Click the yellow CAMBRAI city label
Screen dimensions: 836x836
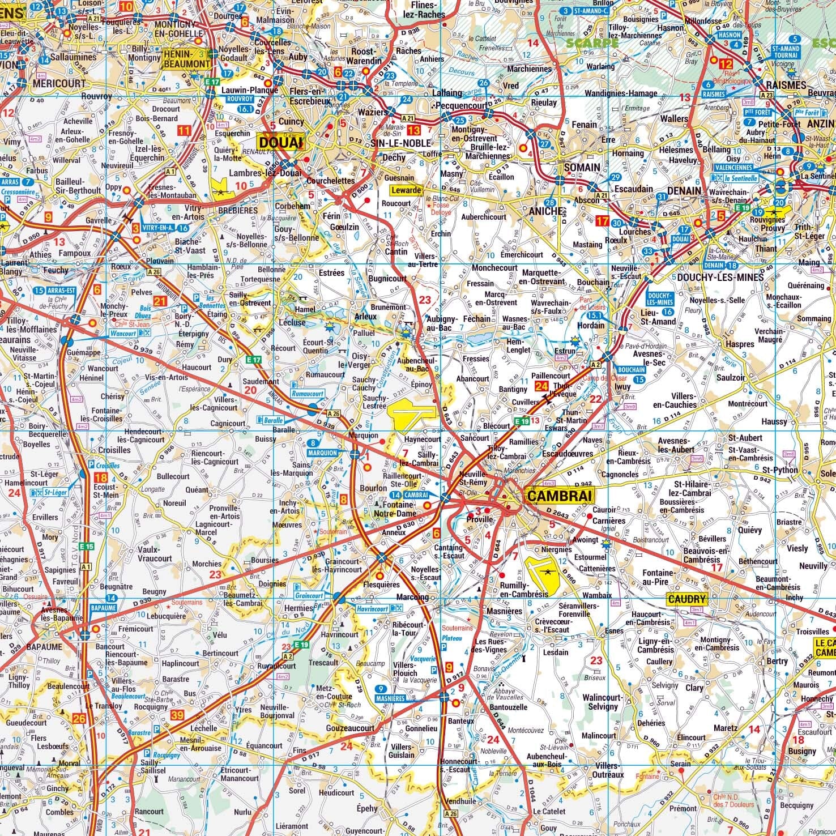(x=559, y=496)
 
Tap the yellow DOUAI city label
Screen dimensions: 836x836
(x=280, y=142)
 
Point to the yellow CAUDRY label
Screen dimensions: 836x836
(x=687, y=599)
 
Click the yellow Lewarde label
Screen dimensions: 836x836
(x=406, y=190)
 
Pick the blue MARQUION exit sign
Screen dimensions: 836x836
(x=322, y=453)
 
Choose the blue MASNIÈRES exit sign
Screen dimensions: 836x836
(x=390, y=698)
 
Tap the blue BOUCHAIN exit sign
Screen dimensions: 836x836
(x=631, y=370)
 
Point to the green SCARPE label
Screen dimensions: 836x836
(x=592, y=43)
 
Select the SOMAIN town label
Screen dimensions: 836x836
(x=581, y=167)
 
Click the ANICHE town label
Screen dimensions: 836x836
(x=546, y=211)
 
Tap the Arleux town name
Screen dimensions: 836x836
(x=365, y=317)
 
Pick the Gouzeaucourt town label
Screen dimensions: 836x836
(x=350, y=728)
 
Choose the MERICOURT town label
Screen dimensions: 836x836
(x=59, y=83)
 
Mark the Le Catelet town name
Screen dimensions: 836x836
(x=549, y=811)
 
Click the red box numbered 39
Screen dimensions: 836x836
(x=177, y=715)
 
